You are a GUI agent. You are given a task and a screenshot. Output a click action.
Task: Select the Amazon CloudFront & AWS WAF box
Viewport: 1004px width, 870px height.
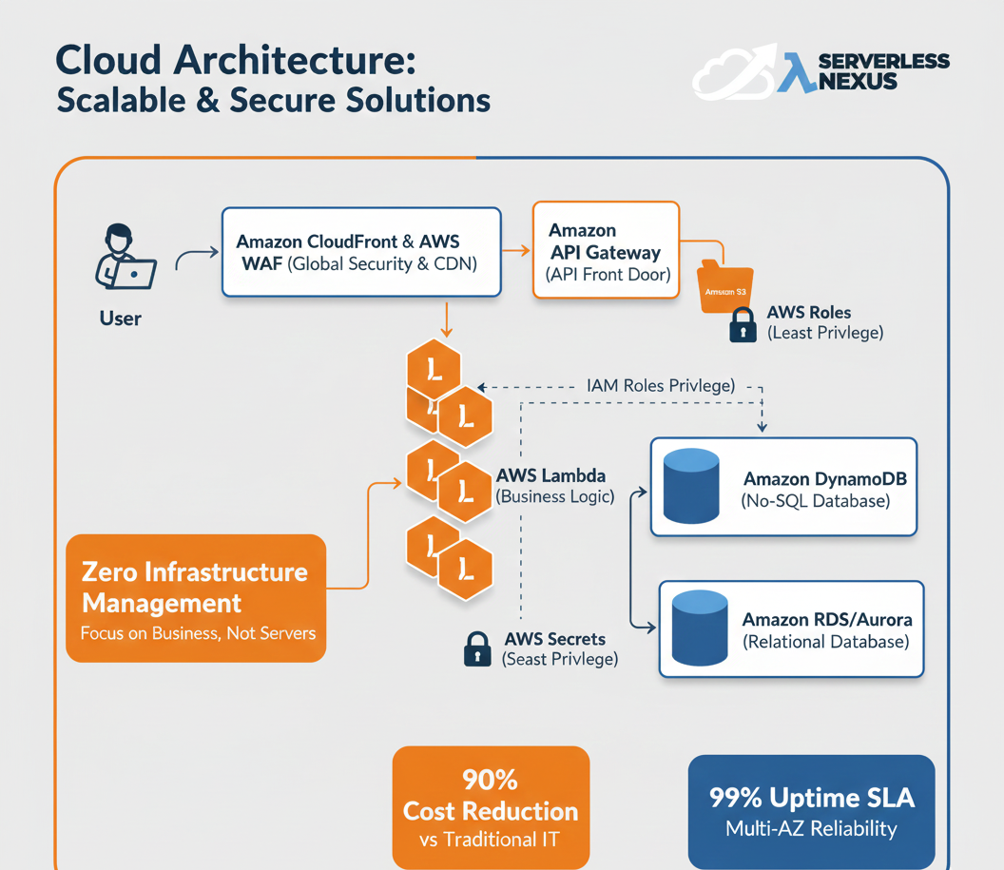pos(361,252)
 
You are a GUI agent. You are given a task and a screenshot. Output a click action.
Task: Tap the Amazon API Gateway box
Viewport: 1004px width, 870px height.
pos(606,251)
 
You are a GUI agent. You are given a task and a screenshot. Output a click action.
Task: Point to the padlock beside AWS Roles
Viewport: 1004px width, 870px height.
pos(742,325)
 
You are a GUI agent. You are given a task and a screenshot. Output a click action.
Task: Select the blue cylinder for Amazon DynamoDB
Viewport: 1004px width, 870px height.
pos(691,486)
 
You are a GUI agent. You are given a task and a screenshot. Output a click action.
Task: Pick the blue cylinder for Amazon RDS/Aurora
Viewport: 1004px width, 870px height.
pos(699,628)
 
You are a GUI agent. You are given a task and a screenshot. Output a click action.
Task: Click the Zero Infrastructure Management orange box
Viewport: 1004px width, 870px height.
pos(196,598)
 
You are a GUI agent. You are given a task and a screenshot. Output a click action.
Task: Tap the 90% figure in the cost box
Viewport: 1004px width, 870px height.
pos(490,780)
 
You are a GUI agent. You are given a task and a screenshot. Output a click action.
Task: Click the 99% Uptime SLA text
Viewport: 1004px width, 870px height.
pos(811,797)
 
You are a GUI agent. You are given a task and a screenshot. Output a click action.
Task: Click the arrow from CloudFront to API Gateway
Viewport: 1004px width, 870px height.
pos(516,251)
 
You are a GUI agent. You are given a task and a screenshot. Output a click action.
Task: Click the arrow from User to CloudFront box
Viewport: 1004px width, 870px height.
pos(197,254)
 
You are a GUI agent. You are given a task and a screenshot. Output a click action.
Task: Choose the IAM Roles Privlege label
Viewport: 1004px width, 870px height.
pos(660,386)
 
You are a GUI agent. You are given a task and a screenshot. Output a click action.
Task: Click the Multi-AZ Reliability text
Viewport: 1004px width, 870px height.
pos(811,829)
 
